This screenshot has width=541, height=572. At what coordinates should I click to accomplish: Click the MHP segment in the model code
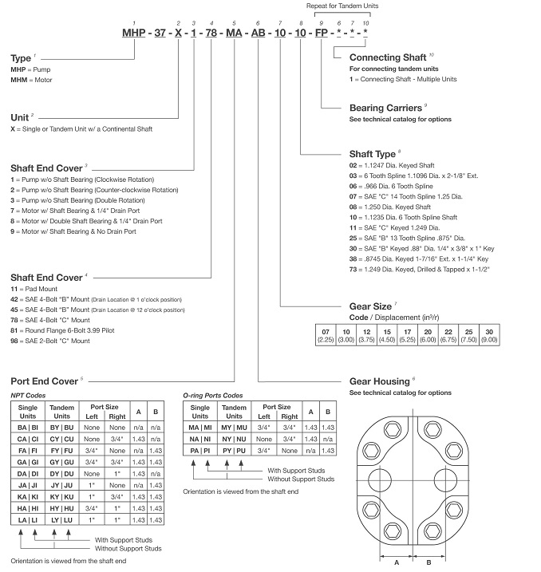(x=133, y=34)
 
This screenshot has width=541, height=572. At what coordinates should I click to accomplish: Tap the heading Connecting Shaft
(x=387, y=57)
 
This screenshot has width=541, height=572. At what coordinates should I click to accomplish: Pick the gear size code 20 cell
(x=428, y=330)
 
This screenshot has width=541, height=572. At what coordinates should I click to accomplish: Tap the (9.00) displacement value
(x=511, y=339)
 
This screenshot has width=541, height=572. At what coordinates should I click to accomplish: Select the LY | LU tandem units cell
(x=62, y=519)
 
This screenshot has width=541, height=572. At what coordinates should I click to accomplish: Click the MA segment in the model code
(x=233, y=34)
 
